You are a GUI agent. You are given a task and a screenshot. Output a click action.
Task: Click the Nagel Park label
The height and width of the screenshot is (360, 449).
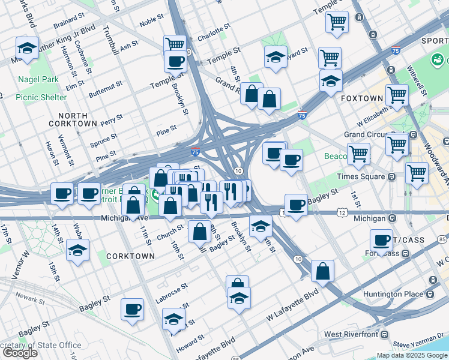coord(37,79)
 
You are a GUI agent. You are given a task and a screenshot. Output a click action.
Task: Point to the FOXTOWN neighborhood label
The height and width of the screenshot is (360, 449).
coord(362,98)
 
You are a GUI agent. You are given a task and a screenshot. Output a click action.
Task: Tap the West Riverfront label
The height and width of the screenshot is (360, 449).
coord(351,334)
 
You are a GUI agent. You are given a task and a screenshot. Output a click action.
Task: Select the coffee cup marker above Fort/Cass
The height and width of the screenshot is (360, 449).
coord(381,240)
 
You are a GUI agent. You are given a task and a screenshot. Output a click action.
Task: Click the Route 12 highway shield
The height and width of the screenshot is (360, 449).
coord(342,213)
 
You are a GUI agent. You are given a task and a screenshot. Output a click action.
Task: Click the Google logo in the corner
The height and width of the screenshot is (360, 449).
coord(19,353)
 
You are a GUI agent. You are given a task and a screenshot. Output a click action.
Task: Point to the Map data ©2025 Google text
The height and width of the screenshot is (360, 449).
coord(412,355)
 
